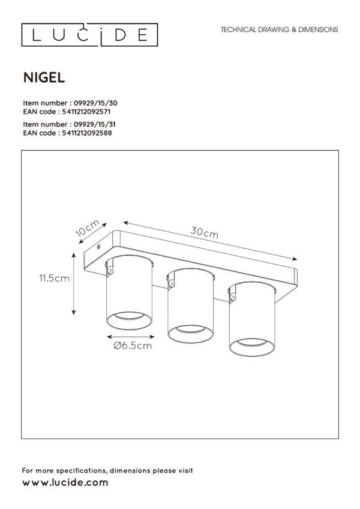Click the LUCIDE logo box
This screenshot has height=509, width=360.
89,35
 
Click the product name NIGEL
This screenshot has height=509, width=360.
44,77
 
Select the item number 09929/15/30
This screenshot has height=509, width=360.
95,103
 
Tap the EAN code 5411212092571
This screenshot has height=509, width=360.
86,112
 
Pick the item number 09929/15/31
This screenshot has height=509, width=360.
95,124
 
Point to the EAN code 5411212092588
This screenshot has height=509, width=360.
87,133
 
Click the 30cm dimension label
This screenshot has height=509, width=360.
204,232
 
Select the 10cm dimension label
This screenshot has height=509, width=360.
88,228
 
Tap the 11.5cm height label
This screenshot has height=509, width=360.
54,278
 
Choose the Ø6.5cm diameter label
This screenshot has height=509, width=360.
133,345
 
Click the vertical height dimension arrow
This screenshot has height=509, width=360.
74,284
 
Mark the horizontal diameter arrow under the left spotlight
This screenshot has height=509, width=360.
130,337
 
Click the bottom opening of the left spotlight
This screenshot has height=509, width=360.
129,321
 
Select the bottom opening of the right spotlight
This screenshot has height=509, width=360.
252,347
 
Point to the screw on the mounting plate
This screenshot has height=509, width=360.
98,247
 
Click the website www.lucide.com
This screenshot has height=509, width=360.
65,483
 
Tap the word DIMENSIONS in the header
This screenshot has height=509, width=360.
318,29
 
